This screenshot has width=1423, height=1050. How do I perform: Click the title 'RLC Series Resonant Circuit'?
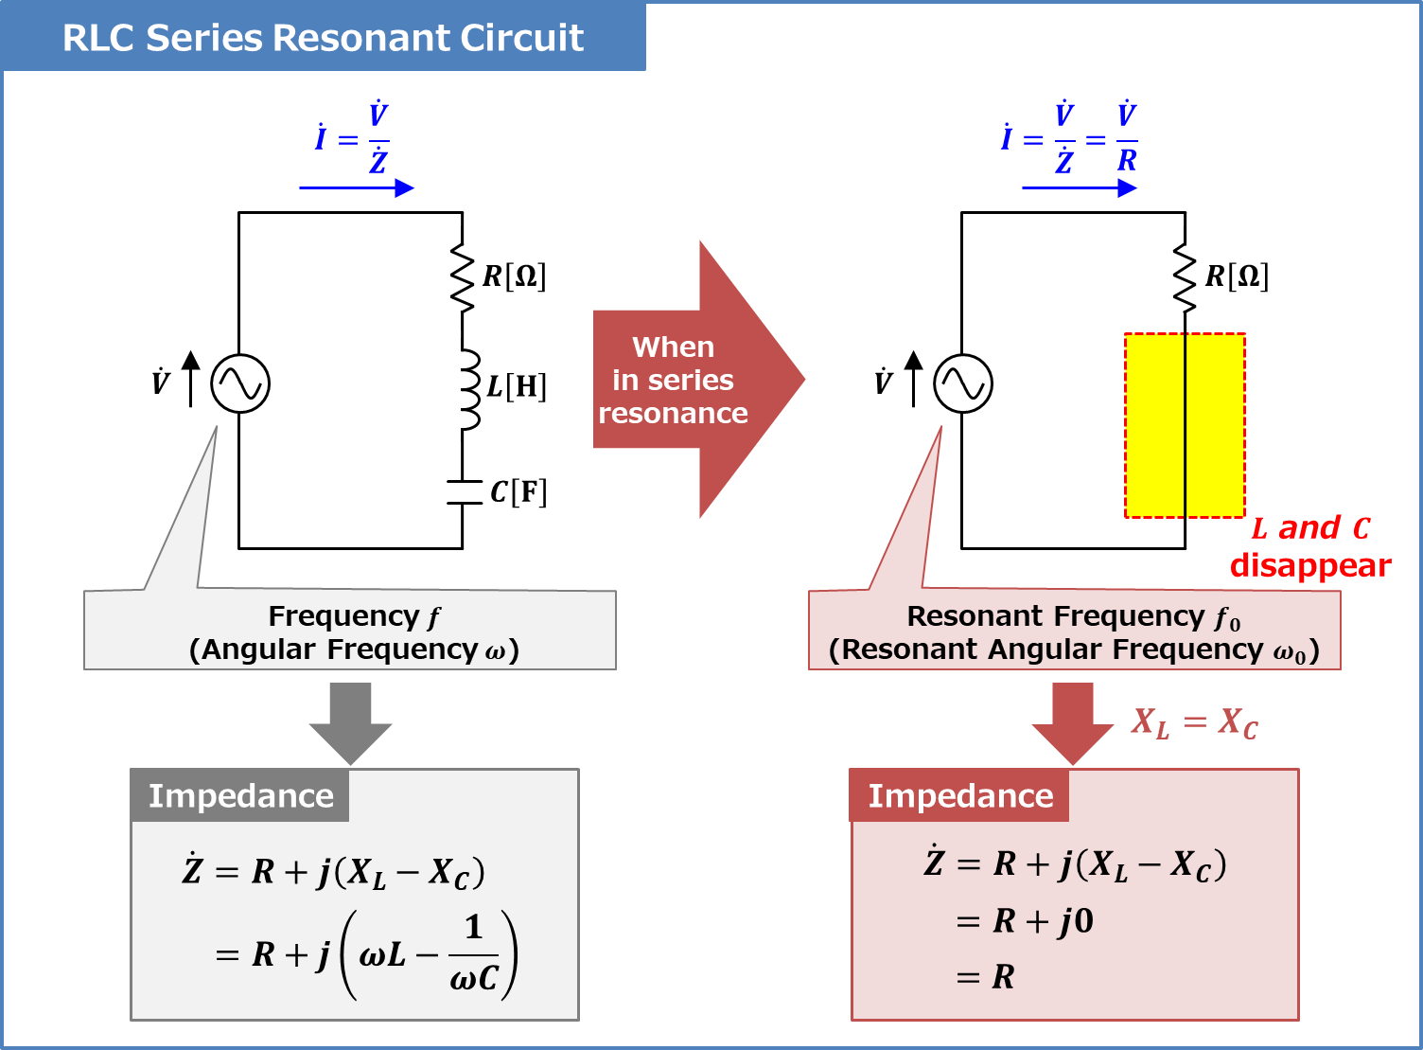click(x=323, y=38)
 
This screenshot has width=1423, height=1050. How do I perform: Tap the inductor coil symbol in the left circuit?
click(x=470, y=390)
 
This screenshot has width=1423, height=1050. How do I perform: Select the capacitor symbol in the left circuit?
click(x=464, y=492)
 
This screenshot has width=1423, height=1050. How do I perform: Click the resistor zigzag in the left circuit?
click(x=463, y=277)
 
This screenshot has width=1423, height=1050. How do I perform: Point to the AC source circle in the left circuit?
click(x=240, y=383)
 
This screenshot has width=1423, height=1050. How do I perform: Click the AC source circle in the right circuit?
click(x=963, y=383)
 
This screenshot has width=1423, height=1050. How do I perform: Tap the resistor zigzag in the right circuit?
click(x=1185, y=277)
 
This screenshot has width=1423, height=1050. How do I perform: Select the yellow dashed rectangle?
click(x=1185, y=425)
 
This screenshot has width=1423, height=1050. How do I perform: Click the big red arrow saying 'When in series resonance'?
click(x=699, y=380)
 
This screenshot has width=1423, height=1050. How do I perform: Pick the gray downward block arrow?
click(x=351, y=724)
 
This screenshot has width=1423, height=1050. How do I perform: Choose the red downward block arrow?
click(x=1073, y=724)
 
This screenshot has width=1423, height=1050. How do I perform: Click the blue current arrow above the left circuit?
click(x=357, y=188)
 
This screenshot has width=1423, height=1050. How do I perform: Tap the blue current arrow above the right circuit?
click(x=1080, y=188)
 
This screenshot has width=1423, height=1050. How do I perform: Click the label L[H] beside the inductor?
click(x=517, y=386)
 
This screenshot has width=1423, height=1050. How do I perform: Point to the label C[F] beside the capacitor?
click(x=518, y=492)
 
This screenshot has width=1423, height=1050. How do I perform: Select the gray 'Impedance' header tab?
click(x=240, y=795)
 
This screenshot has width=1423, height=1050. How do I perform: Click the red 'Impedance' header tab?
click(x=959, y=795)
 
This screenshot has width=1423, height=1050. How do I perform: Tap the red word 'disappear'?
click(x=1310, y=565)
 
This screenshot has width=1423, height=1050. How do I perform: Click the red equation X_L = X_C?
click(x=1194, y=723)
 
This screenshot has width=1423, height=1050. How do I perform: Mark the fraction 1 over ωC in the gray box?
click(x=474, y=954)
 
